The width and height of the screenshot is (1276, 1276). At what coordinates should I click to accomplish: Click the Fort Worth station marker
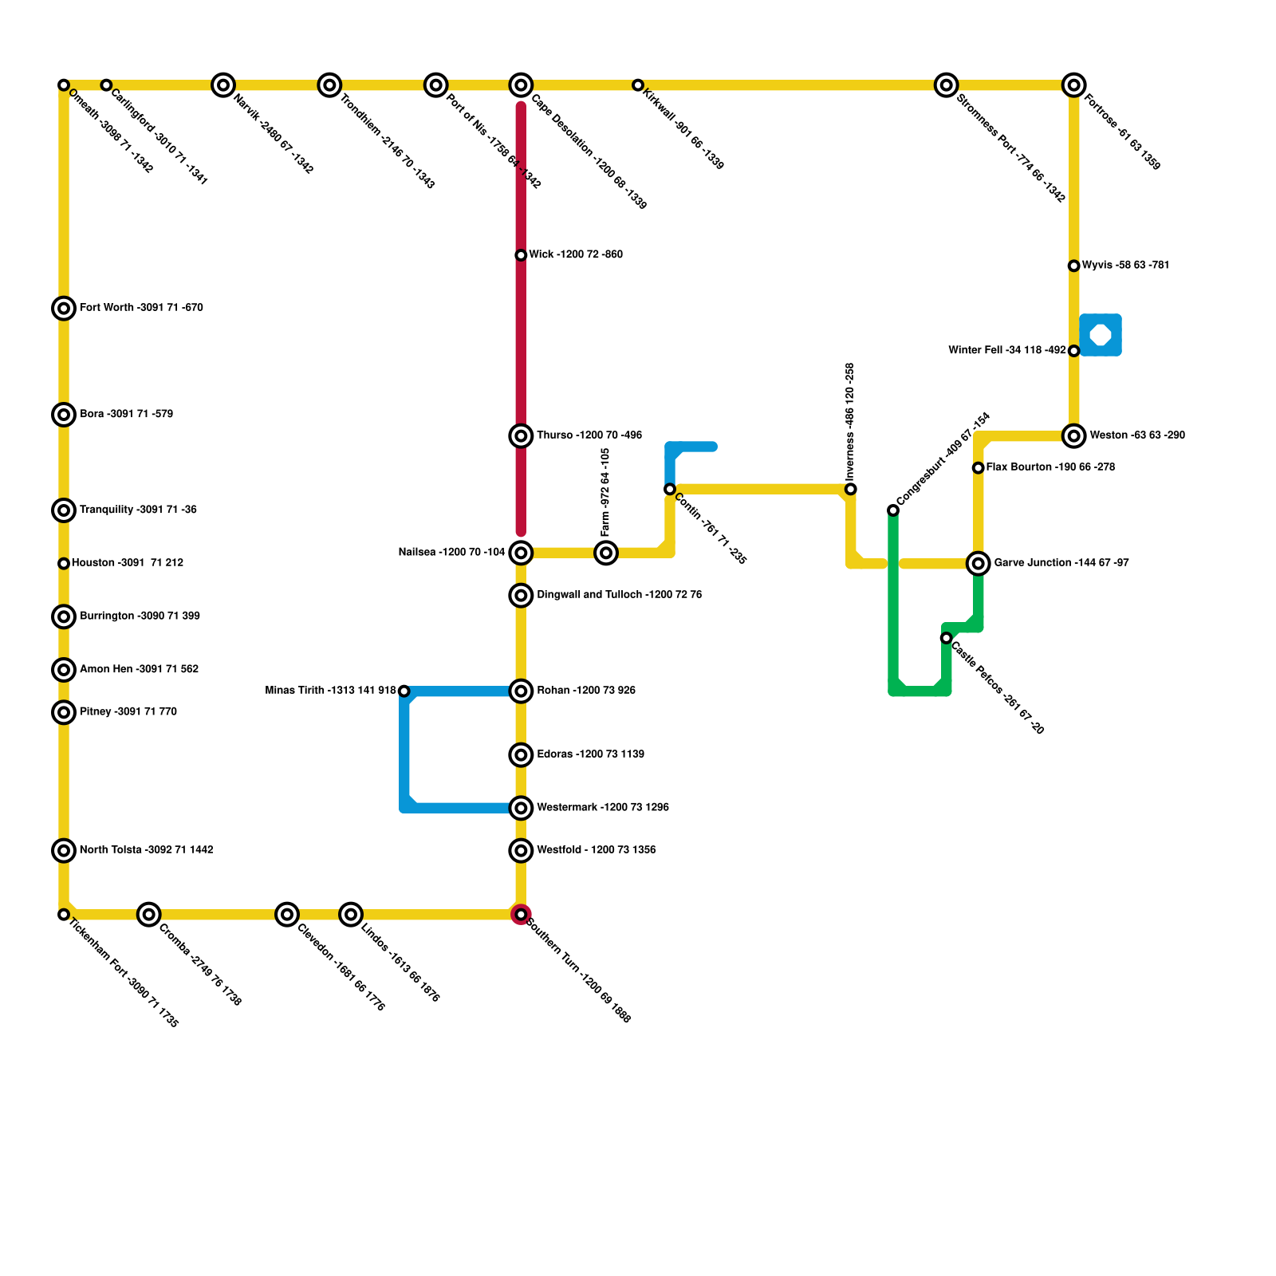point(64,308)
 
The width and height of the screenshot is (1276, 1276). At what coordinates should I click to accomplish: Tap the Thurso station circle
point(521,435)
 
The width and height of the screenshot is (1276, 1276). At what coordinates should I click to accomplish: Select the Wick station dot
point(521,255)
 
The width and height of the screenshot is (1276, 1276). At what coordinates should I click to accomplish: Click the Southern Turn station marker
point(521,914)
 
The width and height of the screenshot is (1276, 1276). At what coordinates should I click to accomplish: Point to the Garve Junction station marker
point(979,564)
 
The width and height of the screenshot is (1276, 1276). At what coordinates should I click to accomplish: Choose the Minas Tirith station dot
point(404,691)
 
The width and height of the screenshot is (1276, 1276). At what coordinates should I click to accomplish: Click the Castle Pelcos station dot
point(946,638)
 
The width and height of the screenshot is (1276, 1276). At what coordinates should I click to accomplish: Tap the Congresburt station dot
point(893,510)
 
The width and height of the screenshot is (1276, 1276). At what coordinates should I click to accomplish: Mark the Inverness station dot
point(851,489)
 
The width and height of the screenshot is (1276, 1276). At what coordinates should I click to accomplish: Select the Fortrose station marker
point(1074,85)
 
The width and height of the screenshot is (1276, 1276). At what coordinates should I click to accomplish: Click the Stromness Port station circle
point(947,85)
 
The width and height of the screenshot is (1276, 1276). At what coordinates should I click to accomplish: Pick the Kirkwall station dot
point(638,85)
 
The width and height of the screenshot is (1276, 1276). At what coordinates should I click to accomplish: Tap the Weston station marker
point(1074,435)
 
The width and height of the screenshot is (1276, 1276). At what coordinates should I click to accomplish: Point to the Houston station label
point(128,563)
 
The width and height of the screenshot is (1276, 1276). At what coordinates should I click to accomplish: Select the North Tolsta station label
point(146,850)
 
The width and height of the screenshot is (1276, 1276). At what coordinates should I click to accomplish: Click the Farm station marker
point(606,553)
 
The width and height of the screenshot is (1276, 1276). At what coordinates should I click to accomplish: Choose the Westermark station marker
point(521,808)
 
